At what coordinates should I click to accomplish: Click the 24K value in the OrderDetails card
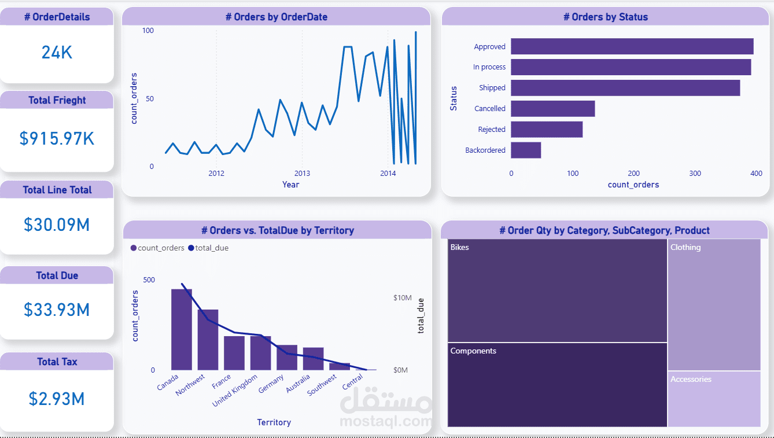(57, 53)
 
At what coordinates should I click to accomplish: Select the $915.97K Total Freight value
(57, 138)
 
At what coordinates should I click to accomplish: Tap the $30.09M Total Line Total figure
(57, 224)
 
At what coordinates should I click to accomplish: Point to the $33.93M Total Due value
(57, 310)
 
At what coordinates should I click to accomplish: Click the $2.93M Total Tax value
(57, 399)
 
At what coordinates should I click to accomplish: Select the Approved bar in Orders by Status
(632, 46)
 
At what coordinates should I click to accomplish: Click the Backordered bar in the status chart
(526, 150)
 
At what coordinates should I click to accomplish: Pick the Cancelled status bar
(552, 109)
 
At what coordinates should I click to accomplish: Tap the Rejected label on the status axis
(491, 130)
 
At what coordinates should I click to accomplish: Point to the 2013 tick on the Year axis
(302, 174)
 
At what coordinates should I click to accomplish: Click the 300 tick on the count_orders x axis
(695, 174)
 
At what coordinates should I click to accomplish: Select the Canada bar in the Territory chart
(182, 329)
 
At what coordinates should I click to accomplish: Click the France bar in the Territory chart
(234, 352)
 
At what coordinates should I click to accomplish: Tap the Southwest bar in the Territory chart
(340, 366)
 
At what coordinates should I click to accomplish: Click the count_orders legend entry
(160, 248)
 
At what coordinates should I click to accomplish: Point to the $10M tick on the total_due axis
(402, 297)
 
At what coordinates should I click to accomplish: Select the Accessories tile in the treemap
(714, 399)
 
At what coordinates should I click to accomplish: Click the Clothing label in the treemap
(685, 248)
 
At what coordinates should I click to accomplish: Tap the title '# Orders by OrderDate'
(277, 17)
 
